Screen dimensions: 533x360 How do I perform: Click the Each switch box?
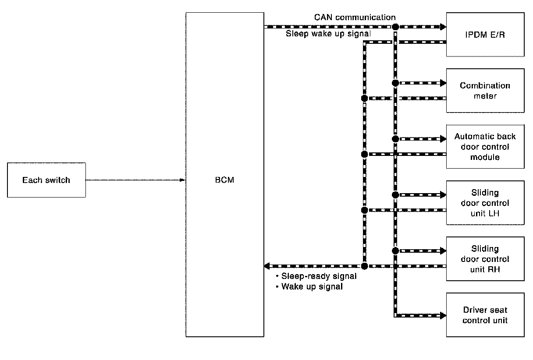coord(46,180)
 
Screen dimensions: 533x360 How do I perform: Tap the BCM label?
coord(224,180)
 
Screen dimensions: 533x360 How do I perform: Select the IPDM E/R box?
coord(485,35)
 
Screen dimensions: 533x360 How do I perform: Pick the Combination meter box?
coord(485,91)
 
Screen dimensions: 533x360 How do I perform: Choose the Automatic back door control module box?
coord(485,147)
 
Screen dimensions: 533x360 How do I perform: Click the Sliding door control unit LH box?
coord(485,203)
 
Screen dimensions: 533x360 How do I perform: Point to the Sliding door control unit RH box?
coord(485,259)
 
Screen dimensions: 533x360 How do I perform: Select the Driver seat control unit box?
coord(485,315)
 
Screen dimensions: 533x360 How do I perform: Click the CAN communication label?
coord(355,18)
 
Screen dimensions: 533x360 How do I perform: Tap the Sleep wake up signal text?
coord(328,34)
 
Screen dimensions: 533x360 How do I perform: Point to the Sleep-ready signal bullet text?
coord(316,276)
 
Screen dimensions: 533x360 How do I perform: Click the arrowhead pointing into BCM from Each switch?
coord(182,180)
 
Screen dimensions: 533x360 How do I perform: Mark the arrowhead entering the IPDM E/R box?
coord(443,27)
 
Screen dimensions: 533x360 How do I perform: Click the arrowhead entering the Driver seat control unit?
coord(443,316)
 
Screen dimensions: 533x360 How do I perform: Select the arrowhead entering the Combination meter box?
coord(443,83)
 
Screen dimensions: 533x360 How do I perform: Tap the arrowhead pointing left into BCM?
coord(267,266)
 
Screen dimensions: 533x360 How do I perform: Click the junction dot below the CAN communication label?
coord(395,27)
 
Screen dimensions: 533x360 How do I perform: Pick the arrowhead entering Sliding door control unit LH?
coord(443,195)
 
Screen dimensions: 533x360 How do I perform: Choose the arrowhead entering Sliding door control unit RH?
coord(443,251)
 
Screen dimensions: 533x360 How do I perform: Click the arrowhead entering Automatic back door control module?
coord(443,139)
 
